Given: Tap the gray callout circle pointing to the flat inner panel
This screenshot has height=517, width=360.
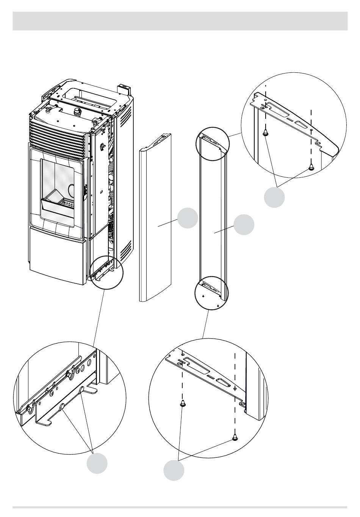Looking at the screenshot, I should (244, 224).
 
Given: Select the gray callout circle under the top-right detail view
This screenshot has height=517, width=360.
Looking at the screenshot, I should (274, 197).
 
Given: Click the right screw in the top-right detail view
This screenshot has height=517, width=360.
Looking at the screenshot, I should (311, 167).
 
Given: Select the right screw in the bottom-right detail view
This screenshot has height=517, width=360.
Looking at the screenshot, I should (235, 438).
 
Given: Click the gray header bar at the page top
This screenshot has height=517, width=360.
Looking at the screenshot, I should (180, 21).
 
